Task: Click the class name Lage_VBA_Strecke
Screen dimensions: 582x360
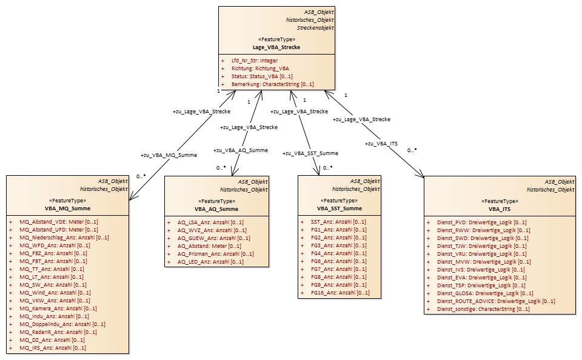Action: (276, 47)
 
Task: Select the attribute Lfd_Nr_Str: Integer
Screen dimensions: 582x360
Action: (255, 61)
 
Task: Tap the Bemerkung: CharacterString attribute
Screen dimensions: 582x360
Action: (272, 84)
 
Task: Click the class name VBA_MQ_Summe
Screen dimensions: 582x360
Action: (67, 208)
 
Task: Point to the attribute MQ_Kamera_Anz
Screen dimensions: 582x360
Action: (58, 308)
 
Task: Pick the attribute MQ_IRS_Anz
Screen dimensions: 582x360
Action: (52, 348)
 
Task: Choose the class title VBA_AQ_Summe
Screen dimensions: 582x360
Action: (216, 209)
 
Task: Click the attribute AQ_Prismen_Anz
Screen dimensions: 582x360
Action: (215, 254)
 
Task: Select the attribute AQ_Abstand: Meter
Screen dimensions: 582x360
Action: (209, 245)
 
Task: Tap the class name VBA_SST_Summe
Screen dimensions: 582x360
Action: (339, 208)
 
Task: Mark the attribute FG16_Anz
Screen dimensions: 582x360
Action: (340, 293)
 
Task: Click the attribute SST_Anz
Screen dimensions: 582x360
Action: (338, 222)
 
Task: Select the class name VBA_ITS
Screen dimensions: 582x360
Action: (500, 209)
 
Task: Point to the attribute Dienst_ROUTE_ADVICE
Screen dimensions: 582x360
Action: (496, 301)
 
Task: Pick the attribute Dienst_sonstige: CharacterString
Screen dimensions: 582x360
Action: (483, 308)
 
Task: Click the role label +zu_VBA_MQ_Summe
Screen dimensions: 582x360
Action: (169, 155)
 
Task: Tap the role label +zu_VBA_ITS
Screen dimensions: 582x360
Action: (381, 144)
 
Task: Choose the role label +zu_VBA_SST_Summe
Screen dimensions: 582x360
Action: (310, 153)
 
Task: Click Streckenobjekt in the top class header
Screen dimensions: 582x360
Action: (315, 28)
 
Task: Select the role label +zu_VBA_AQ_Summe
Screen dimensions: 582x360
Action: (241, 150)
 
